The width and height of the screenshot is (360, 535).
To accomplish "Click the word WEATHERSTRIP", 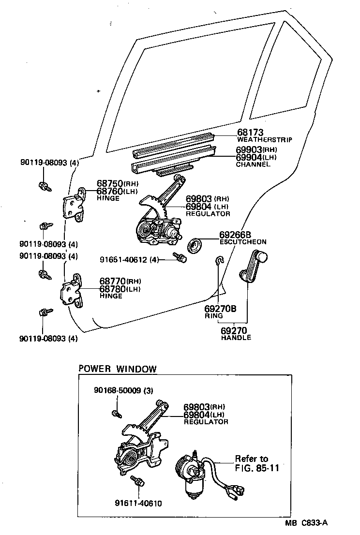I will coord(264,140).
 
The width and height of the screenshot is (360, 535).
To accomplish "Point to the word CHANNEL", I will coord(253,164).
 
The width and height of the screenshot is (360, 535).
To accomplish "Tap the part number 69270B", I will coord(220,309).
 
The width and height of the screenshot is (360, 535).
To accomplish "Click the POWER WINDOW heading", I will coord(118,369).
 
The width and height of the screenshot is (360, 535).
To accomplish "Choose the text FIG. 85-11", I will coord(257,468).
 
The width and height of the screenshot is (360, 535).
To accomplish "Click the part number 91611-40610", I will coord(139,504).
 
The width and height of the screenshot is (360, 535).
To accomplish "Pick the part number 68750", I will coord(110,184).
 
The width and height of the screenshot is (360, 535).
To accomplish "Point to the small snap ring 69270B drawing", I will coord(219,261).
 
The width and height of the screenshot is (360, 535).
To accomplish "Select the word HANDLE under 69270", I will coord(236,338).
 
